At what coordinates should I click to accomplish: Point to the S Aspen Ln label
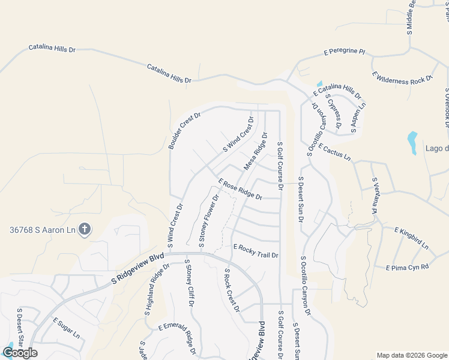[357, 113]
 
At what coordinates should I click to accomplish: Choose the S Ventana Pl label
[374, 196]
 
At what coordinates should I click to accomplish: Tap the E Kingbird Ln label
[411, 238]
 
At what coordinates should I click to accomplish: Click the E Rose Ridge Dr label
[240, 189]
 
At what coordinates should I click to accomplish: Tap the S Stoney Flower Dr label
[208, 220]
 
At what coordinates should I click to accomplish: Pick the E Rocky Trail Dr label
[256, 251]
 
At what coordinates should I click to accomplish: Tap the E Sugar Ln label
[66, 328]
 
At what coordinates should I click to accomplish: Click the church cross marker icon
[85, 229]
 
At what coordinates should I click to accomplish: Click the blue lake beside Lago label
[412, 142]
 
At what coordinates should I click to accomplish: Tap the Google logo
[20, 353]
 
